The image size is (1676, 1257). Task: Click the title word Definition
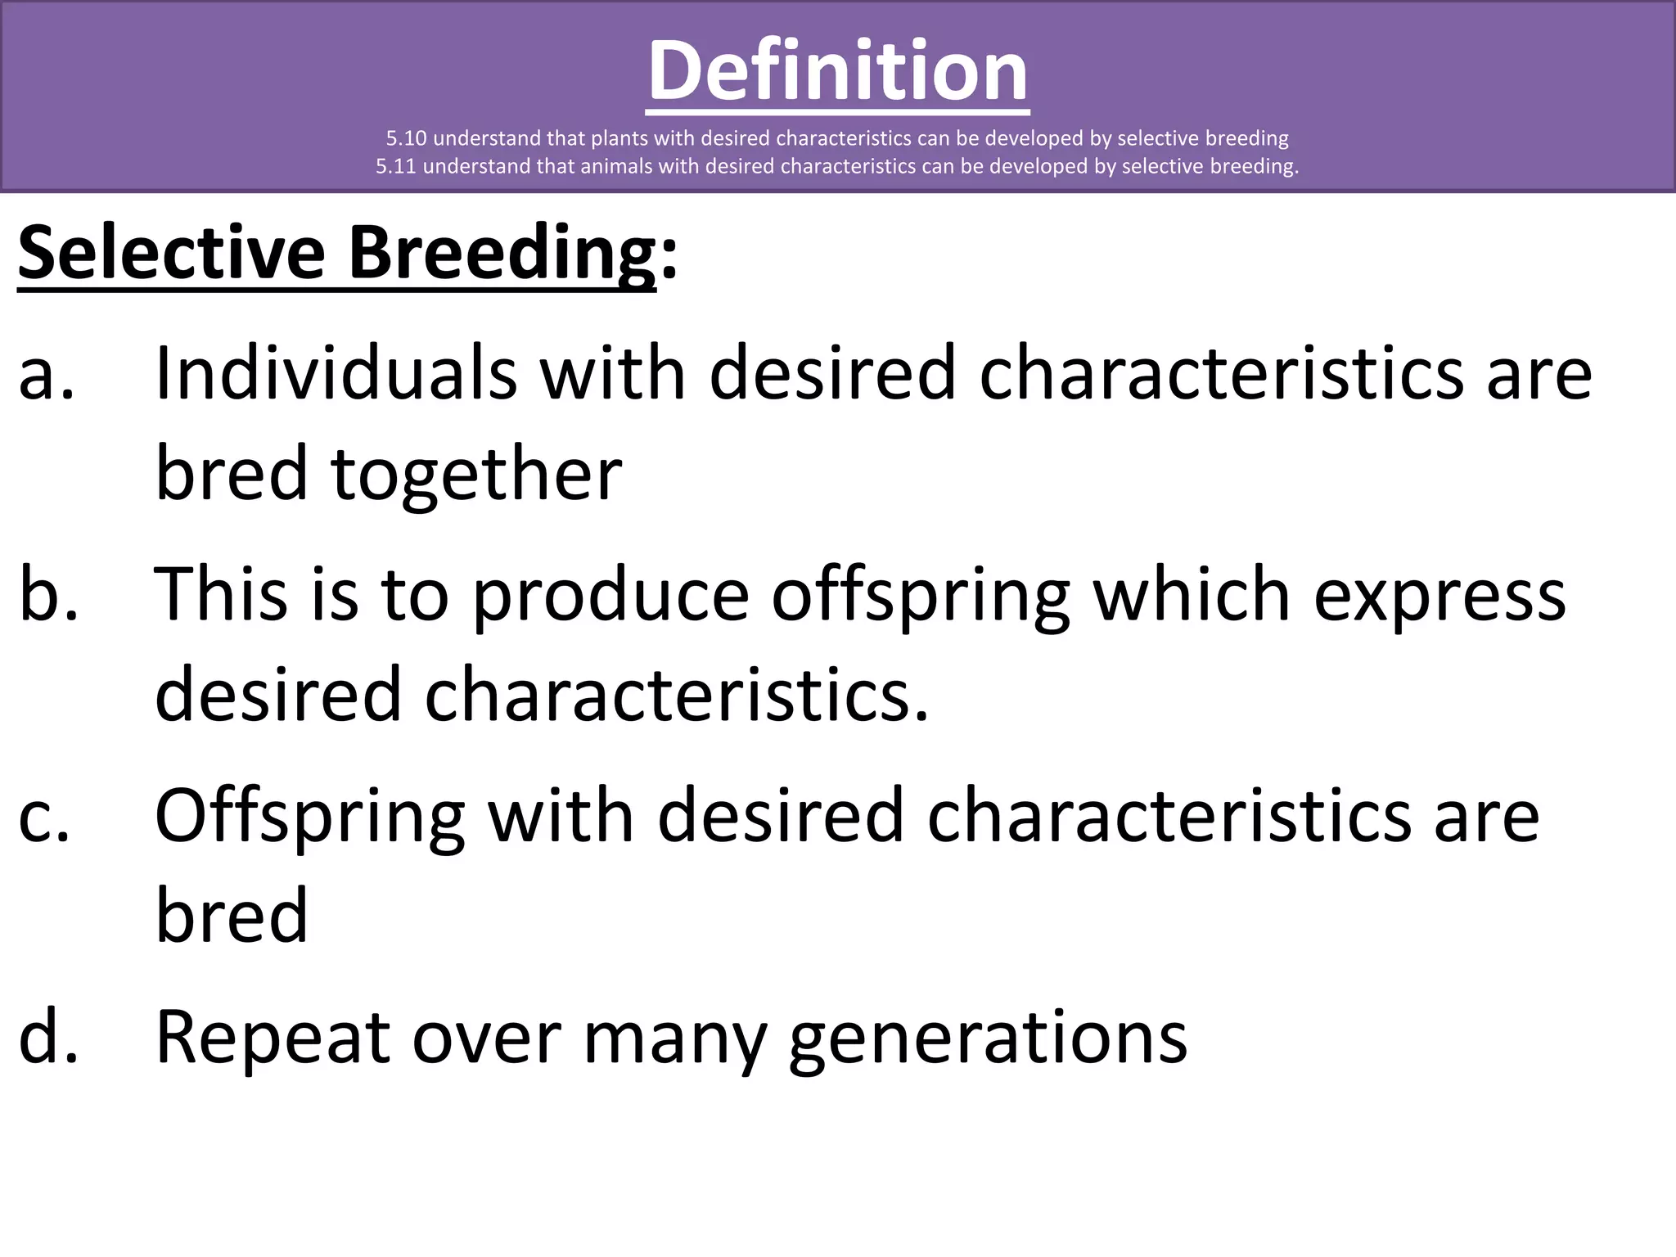coord(838,72)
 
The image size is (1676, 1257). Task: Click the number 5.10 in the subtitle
coord(407,138)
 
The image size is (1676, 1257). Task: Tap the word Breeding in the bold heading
coord(502,253)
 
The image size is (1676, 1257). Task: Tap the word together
coord(476,475)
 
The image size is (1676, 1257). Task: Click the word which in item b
coord(1192,595)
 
